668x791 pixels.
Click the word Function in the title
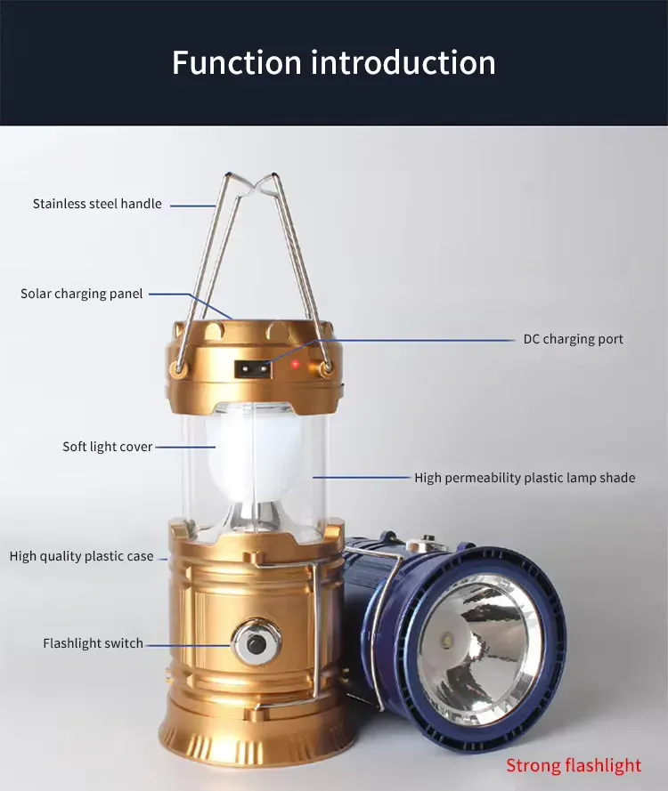click(236, 63)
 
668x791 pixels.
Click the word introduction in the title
click(403, 63)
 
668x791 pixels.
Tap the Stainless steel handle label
click(97, 204)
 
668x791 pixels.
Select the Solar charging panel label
click(81, 294)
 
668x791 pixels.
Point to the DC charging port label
click(573, 339)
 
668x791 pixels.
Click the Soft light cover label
click(107, 447)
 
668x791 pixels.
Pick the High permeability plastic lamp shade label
click(525, 478)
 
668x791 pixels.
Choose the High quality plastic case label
click(81, 556)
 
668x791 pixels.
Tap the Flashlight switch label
click(93, 643)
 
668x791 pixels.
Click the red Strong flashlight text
click(574, 765)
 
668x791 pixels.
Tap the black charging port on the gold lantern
click(248, 367)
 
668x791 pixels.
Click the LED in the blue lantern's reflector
click(447, 641)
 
